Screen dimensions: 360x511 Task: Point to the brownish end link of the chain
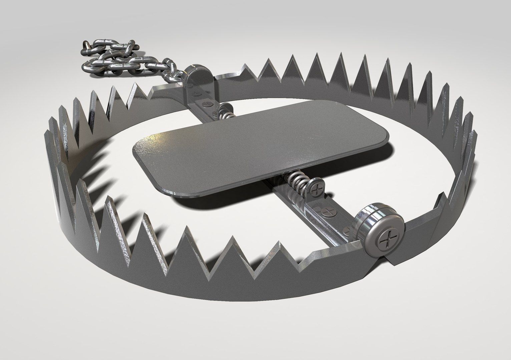coord(86,45)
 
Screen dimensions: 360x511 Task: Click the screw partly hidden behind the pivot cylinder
coord(347,230)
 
